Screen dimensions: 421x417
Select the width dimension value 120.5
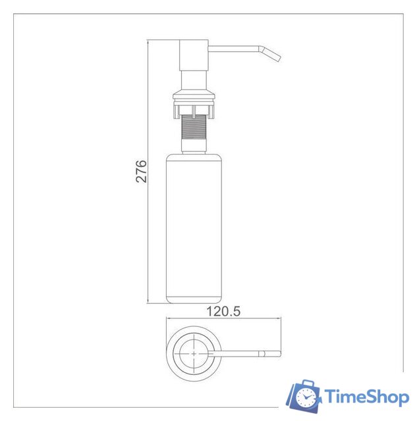tap(223, 312)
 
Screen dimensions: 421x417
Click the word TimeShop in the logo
tap(366, 397)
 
